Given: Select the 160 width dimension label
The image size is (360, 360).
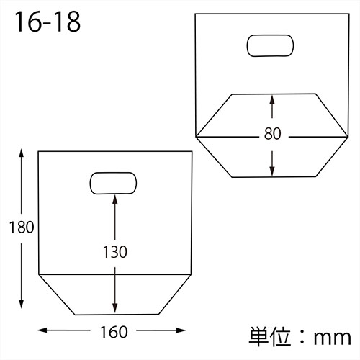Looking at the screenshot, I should [114, 332].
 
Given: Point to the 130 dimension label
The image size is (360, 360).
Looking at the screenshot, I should [114, 252].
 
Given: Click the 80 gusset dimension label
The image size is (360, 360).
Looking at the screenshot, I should [272, 134].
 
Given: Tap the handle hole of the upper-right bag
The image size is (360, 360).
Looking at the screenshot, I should [271, 46].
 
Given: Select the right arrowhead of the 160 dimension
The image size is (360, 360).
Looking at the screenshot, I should [189, 331].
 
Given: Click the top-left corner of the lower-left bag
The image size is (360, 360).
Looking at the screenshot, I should [38, 151].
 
